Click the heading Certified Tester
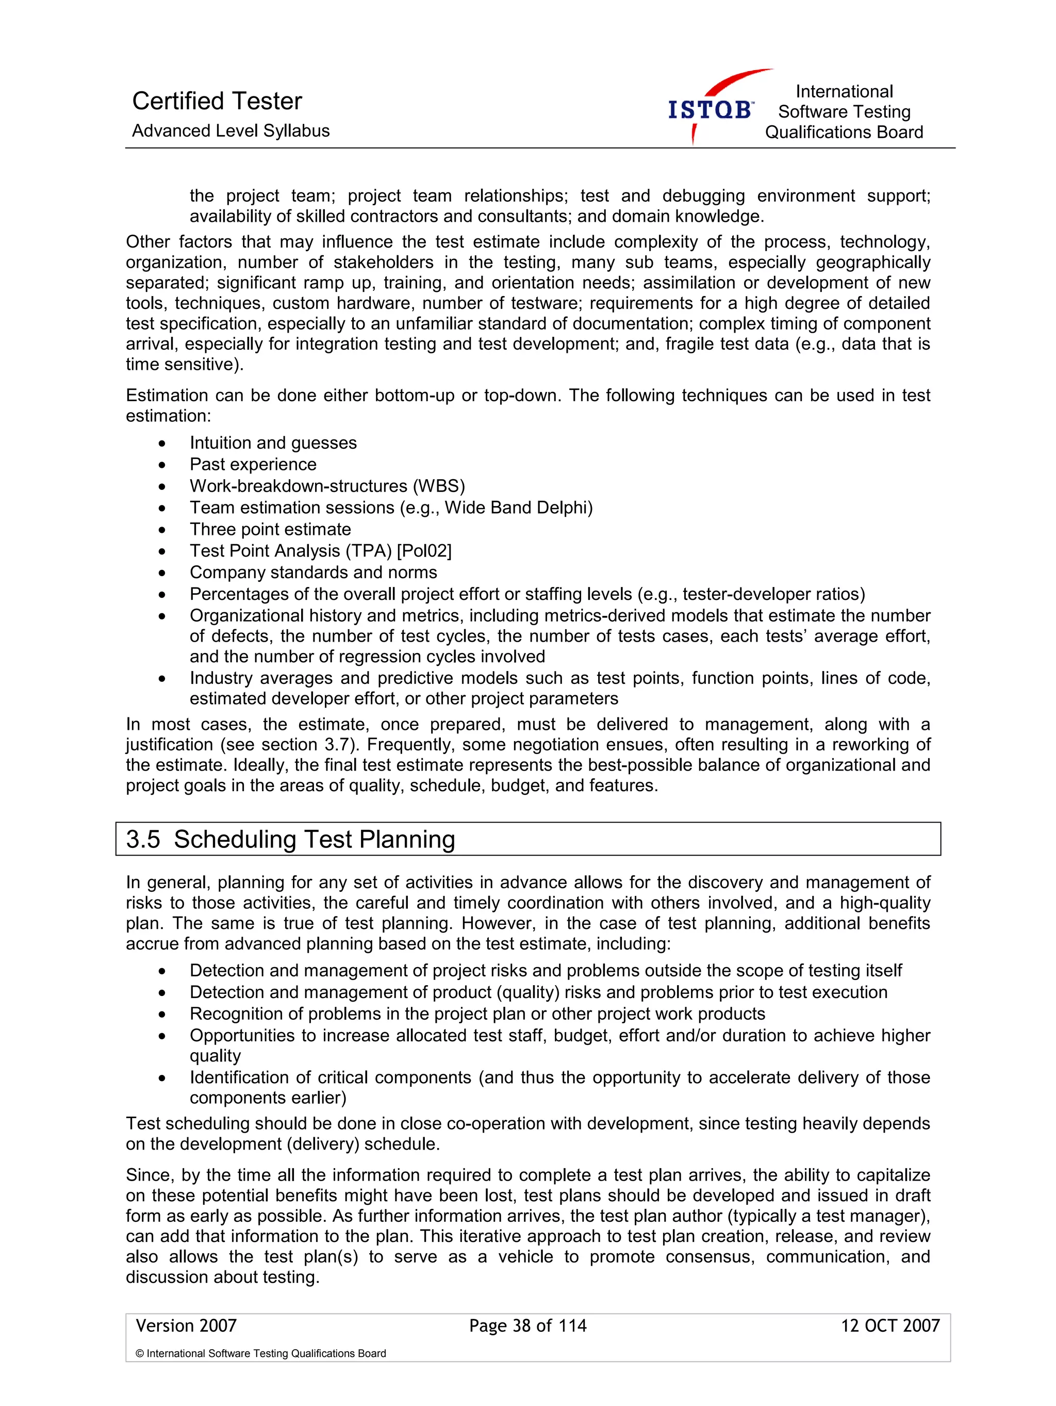217,101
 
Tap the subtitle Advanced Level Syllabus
230,131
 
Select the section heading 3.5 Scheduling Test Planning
290,839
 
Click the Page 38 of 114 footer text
527,1325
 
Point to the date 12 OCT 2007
889,1325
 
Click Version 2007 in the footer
186,1325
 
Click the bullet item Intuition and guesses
273,443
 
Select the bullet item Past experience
253,465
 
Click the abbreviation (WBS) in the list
439,486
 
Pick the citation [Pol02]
424,551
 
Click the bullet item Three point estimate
270,530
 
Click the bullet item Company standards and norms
313,573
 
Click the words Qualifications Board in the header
844,132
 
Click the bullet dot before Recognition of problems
162,1015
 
